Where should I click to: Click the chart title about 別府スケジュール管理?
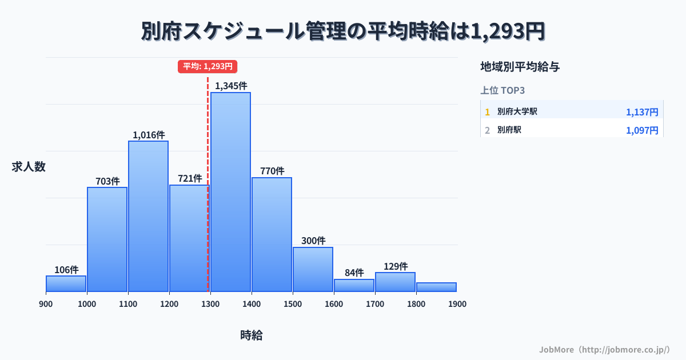click(343, 31)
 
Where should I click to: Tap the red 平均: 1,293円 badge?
click(207, 66)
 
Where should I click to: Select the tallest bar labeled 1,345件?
click(230, 191)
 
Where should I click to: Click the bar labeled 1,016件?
click(148, 216)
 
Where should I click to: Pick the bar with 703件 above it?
click(107, 239)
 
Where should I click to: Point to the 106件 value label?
click(66, 270)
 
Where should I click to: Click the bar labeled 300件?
click(313, 269)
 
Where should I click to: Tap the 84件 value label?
click(354, 273)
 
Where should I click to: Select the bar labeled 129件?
click(395, 282)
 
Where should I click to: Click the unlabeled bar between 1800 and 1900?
click(436, 287)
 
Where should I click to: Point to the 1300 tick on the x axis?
click(210, 304)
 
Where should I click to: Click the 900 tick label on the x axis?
click(46, 304)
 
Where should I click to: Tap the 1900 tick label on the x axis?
click(457, 304)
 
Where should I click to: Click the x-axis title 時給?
click(252, 335)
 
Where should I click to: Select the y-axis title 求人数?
click(29, 167)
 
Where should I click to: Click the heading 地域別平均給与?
click(520, 67)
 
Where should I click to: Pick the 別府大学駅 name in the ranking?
click(517, 112)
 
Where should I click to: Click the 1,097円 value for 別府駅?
click(642, 130)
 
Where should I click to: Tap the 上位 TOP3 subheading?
click(502, 90)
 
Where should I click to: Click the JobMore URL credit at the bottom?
click(604, 349)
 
